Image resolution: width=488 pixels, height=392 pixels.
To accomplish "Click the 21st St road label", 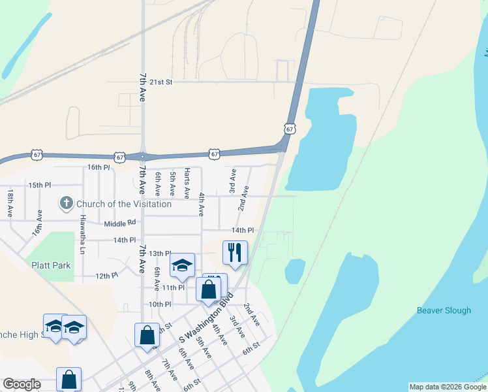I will [160, 82].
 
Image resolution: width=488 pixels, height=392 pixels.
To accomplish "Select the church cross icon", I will [66, 204].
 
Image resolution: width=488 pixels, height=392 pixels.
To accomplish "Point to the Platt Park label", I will [51, 265].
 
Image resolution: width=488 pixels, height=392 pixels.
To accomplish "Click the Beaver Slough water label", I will [444, 310].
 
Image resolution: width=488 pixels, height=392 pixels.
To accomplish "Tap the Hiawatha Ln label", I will [83, 230].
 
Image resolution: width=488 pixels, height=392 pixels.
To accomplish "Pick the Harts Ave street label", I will [187, 183].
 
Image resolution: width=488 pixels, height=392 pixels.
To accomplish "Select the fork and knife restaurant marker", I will [235, 252].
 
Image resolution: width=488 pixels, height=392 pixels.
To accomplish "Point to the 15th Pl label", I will [39, 185].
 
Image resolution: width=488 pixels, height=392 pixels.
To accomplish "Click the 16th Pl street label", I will [99, 167].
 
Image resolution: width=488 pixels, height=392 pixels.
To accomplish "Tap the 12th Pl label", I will [106, 276].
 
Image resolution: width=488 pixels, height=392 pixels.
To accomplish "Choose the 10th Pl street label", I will [160, 304].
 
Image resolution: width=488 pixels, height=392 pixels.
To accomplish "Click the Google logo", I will [22, 384].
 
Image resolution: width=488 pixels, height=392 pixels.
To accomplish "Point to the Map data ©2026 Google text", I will [448, 387].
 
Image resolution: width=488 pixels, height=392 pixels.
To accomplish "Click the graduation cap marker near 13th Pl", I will [182, 265].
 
